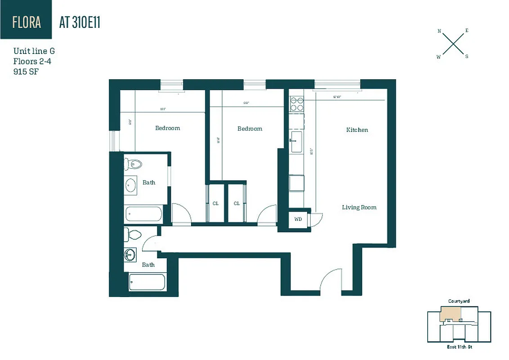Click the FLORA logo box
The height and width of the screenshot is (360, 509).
pyautogui.click(x=26, y=19)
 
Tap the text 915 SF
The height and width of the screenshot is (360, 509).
pyautogui.click(x=26, y=72)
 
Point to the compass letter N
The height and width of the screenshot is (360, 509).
pyautogui.click(x=439, y=31)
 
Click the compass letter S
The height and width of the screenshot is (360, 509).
pyautogui.click(x=467, y=56)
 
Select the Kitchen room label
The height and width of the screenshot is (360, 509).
pyautogui.click(x=357, y=130)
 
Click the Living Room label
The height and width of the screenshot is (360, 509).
pyautogui.click(x=359, y=207)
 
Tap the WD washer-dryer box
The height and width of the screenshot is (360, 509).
pyautogui.click(x=298, y=220)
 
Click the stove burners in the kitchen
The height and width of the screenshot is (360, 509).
pyautogui.click(x=296, y=104)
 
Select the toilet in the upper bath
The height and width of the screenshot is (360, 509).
pyautogui.click(x=134, y=164)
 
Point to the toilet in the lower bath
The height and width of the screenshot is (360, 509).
pyautogui.click(x=133, y=234)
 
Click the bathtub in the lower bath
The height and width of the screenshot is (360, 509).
pyautogui.click(x=147, y=283)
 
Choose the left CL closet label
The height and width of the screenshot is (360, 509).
pyautogui.click(x=216, y=203)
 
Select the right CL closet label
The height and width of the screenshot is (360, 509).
pyautogui.click(x=237, y=203)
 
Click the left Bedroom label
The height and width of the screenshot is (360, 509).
pyautogui.click(x=167, y=128)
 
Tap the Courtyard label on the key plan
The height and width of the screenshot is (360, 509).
pyautogui.click(x=459, y=301)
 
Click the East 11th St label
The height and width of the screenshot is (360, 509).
pyautogui.click(x=459, y=347)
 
